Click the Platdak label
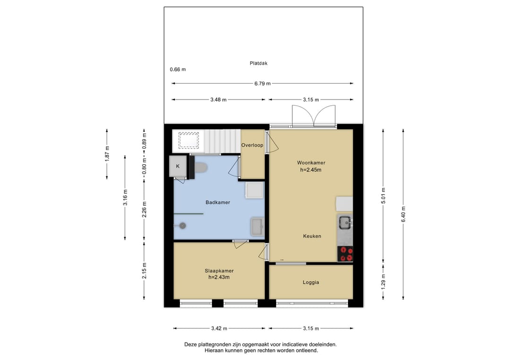[258, 63]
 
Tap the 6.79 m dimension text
[263, 84]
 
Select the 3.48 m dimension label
[218, 100]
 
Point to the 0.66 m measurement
[178, 69]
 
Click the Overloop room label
[252, 145]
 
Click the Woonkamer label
[311, 163]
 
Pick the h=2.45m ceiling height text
[311, 169]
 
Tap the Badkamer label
[218, 202]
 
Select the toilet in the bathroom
[201, 167]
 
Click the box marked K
[178, 167]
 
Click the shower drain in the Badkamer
[183, 226]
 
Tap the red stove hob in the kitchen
[345, 254]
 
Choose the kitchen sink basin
[344, 223]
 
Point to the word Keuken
[312, 236]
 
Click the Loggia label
[311, 282]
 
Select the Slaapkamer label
[219, 271]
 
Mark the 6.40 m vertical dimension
[403, 214]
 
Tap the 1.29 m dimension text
[383, 282]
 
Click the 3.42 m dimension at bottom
[219, 328]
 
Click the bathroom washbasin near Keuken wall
[257, 226]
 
